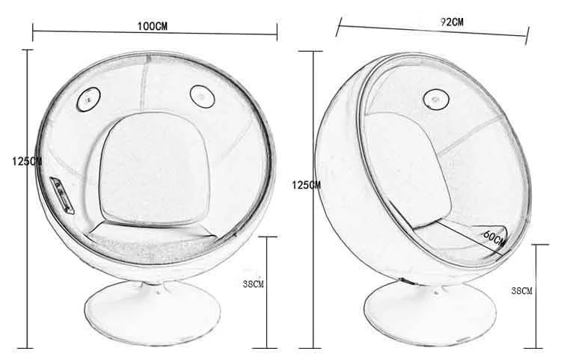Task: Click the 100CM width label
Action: coord(152,25)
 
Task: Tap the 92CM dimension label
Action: coord(452,22)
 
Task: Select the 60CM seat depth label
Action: coord(494,240)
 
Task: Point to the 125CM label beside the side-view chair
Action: coord(306,184)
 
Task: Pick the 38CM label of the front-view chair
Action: coord(254,284)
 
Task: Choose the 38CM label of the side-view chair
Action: coord(521,290)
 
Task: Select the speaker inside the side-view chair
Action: coord(434,98)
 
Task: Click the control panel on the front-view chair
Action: coord(60,193)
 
